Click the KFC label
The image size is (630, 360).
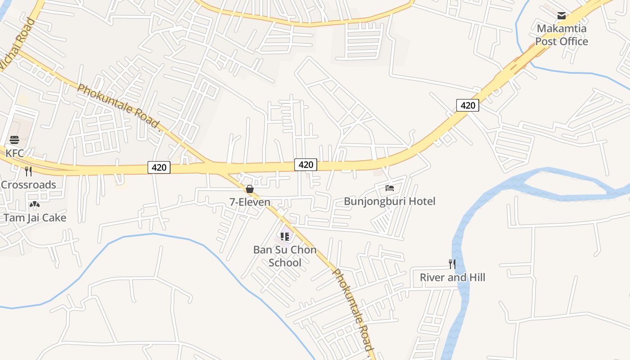[x=14, y=153]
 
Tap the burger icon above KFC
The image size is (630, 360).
[x=14, y=140]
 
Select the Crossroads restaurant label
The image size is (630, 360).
[x=28, y=184]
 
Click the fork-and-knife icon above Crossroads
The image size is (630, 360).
[x=28, y=171]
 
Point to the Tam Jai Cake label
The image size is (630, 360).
[x=35, y=218]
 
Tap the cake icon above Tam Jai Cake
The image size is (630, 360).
[x=35, y=205]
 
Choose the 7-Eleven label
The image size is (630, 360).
[x=250, y=202]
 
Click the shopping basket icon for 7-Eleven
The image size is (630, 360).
[x=250, y=189]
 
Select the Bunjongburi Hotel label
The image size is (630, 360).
[x=390, y=201]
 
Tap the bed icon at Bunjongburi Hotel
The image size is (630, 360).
[x=390, y=188]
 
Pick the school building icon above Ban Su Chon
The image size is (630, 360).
[x=285, y=236]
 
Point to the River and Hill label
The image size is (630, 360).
[x=452, y=278]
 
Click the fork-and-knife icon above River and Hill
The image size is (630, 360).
[x=452, y=264]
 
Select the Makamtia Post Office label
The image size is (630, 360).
[x=562, y=35]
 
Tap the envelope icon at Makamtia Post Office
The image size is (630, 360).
[x=562, y=16]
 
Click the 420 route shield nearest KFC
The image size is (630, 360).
[x=159, y=168]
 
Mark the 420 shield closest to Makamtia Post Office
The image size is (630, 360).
[x=468, y=105]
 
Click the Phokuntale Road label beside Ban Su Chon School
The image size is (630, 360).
[x=354, y=310]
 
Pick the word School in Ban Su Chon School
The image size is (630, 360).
[x=285, y=262]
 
